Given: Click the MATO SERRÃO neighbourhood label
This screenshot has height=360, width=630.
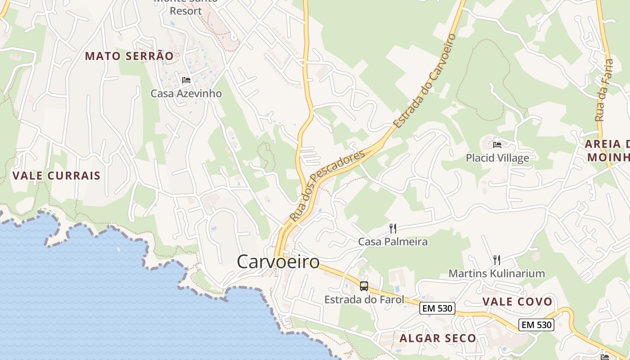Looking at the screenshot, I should [x=129, y=56].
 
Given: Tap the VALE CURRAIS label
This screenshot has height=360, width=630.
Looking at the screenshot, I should [x=56, y=175].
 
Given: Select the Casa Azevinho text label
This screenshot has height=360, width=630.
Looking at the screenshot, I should [x=186, y=94].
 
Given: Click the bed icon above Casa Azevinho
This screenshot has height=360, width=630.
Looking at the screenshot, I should [x=186, y=81].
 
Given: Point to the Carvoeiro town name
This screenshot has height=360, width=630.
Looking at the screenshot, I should [x=278, y=261].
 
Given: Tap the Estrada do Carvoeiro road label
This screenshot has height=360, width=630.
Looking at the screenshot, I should [x=425, y=80].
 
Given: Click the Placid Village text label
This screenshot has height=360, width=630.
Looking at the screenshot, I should [x=497, y=158].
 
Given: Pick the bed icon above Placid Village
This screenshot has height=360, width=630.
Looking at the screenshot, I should [x=497, y=145].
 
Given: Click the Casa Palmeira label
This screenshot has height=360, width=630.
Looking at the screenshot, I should [x=393, y=242].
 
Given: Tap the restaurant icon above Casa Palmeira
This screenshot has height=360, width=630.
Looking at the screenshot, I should [x=393, y=229].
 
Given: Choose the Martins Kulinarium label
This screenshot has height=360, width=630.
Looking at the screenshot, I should [x=496, y=273].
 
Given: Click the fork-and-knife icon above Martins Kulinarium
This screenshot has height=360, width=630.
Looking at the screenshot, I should [x=496, y=260].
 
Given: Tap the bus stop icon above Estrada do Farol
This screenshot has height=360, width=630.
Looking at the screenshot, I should [x=364, y=286].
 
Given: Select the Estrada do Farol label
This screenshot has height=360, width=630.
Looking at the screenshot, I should [x=364, y=299].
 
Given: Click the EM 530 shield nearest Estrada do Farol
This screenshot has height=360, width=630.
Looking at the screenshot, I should [x=437, y=308].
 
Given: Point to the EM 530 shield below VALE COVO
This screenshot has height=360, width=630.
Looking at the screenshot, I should [x=536, y=324].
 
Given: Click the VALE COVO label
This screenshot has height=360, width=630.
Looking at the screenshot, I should [x=517, y=301].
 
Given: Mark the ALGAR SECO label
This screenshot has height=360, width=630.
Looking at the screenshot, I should [x=437, y=338].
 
